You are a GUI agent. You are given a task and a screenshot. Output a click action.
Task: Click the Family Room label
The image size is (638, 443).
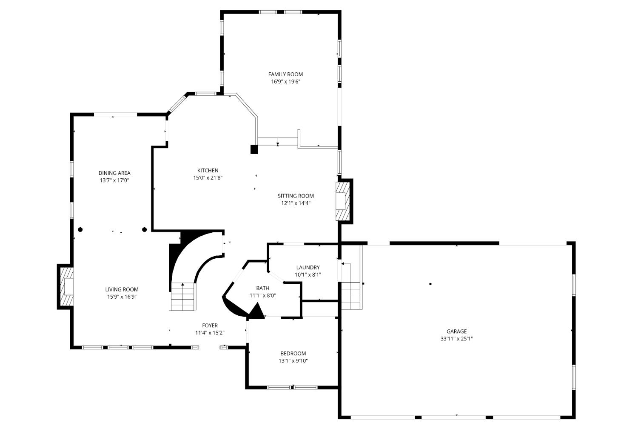click(x=285, y=74)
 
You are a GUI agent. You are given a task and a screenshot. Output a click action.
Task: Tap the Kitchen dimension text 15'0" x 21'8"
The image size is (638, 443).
click(x=208, y=178)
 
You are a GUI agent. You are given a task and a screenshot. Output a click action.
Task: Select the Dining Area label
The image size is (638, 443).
click(x=114, y=173)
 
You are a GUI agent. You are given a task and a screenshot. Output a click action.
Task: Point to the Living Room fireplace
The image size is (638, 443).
click(x=66, y=286)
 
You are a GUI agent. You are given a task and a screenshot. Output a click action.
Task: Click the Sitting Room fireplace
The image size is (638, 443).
click(x=342, y=201)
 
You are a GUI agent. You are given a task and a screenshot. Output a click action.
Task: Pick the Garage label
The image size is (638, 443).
click(x=456, y=332)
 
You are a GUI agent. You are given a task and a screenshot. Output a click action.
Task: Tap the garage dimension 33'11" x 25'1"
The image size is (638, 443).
click(x=456, y=339)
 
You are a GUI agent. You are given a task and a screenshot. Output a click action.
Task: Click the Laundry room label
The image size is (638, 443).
click(x=308, y=268)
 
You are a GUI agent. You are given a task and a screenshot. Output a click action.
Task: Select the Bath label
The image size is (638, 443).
click(x=262, y=288)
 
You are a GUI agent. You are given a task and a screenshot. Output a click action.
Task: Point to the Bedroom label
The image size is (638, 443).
click(x=293, y=354)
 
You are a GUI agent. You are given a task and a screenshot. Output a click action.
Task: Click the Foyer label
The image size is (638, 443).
click(x=210, y=326)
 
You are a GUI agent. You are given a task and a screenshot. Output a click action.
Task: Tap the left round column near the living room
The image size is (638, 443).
click(x=80, y=230)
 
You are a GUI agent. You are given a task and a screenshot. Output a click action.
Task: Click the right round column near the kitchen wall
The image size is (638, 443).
click(x=144, y=230)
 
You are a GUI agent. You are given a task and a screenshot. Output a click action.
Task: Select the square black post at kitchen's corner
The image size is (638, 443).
click(x=254, y=149)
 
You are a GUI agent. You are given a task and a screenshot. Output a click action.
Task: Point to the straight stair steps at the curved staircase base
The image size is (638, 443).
click(x=183, y=297)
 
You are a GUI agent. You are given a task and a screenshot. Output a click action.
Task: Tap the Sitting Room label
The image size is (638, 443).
click(x=296, y=196)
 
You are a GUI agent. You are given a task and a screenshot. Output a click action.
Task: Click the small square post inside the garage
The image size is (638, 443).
click(x=430, y=284)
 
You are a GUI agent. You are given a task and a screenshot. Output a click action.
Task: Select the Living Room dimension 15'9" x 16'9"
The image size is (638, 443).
click(x=122, y=297)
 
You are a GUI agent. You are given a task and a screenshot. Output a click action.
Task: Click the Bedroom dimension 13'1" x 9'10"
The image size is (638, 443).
click(x=293, y=361)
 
